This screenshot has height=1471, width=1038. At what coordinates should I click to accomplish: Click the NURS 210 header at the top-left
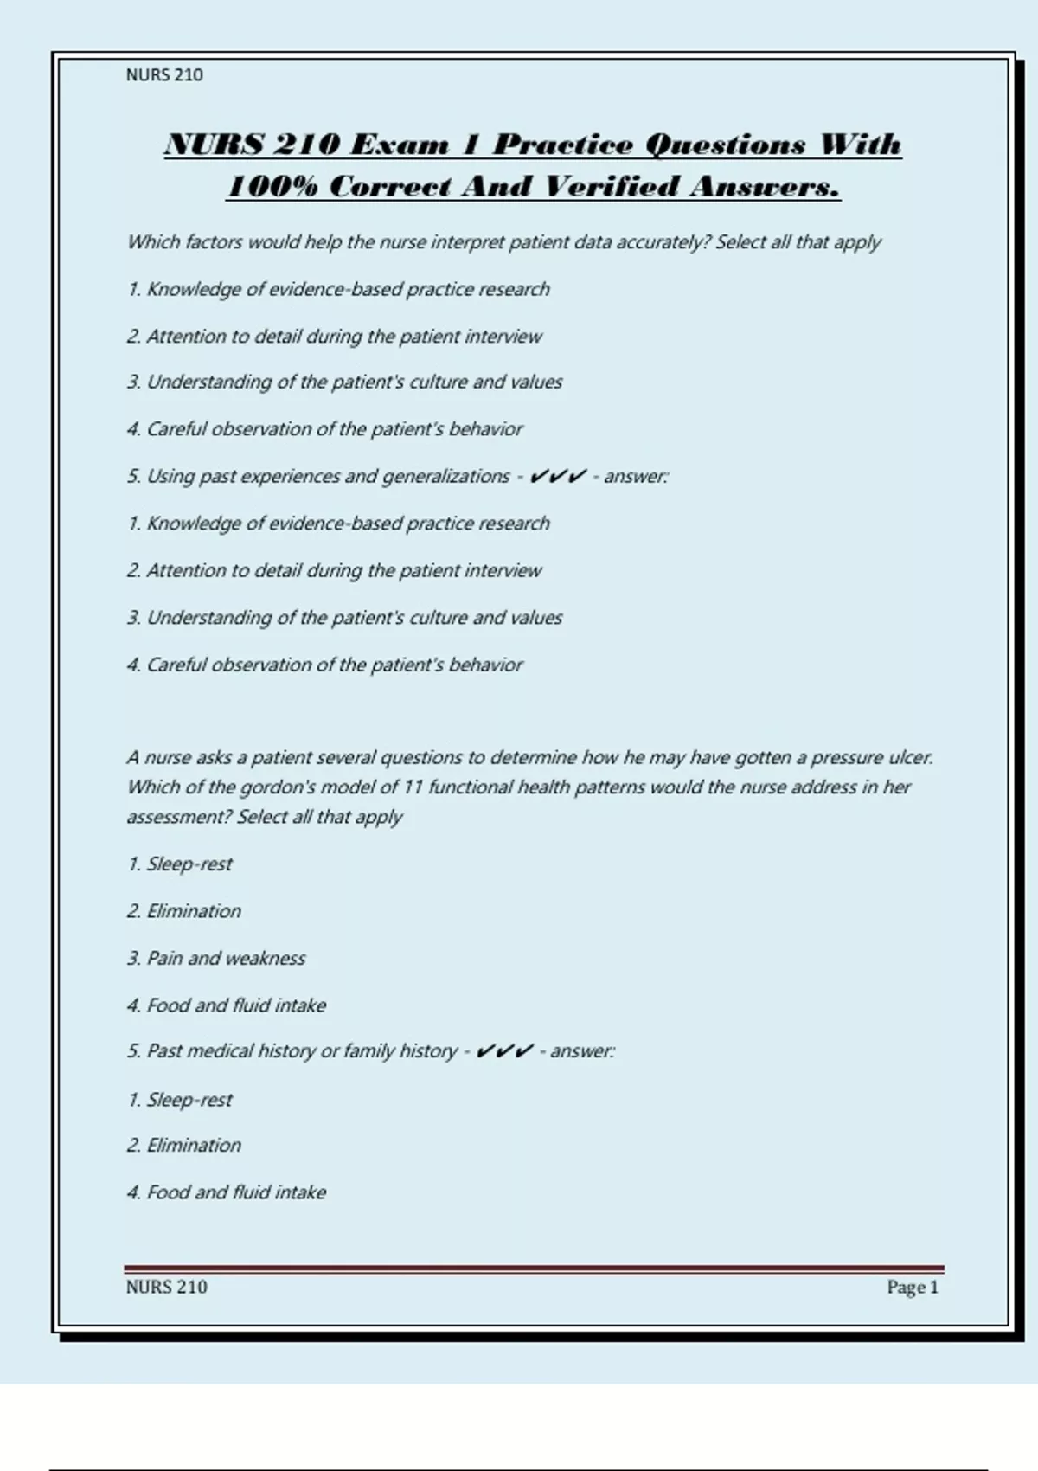[164, 75]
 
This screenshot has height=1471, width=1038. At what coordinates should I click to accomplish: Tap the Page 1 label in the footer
[912, 1287]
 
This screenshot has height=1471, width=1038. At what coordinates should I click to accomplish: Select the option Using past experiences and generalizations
[328, 476]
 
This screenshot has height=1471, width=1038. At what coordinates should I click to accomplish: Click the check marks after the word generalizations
[557, 476]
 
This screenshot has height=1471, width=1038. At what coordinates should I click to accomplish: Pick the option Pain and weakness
[225, 958]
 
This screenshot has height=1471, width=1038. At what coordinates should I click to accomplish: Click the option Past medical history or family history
[301, 1051]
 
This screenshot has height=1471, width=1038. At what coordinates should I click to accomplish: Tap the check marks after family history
[503, 1051]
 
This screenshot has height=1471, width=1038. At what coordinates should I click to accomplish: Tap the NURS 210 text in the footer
[166, 1287]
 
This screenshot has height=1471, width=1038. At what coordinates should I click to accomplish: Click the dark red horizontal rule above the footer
[534, 1269]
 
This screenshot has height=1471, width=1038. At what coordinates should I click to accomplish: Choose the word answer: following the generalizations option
[636, 476]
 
